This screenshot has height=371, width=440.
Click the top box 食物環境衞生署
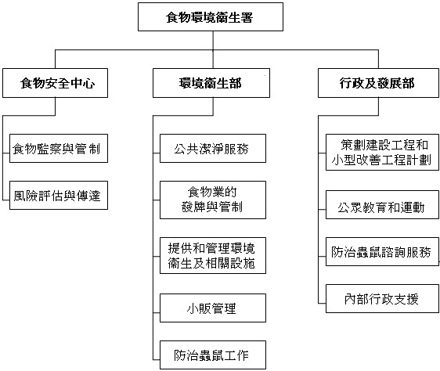[210, 16]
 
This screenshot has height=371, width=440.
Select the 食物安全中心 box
[59, 83]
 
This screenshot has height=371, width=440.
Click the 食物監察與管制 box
[59, 147]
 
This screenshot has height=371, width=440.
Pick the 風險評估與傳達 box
[59, 196]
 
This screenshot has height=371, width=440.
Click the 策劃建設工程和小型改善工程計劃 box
[380, 152]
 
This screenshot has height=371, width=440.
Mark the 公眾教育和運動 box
[380, 207]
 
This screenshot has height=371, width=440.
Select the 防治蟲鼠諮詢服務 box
[380, 252]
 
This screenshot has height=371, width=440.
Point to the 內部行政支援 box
[380, 298]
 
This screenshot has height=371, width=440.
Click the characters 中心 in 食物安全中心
[84, 83]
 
